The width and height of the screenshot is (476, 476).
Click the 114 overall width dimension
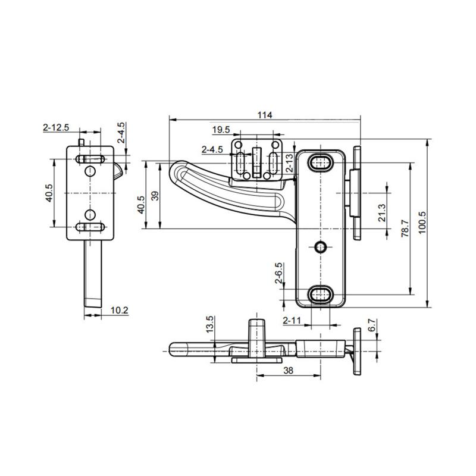265,115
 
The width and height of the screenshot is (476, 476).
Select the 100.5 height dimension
423,223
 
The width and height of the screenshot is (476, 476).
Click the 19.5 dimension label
221,129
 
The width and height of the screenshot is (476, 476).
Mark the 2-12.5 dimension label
57,127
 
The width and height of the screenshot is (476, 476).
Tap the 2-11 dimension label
291,321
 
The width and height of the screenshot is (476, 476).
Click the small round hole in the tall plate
321,246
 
